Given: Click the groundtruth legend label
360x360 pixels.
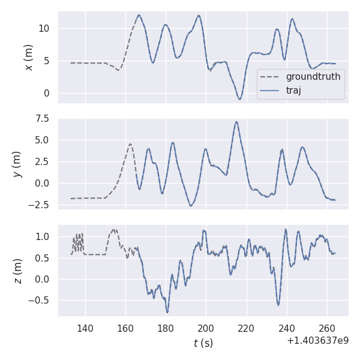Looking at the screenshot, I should (313, 77).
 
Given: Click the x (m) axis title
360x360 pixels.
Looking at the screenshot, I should (28, 57).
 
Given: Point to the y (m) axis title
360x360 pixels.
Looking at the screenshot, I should (17, 163).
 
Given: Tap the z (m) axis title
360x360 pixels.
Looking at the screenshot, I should (17, 271).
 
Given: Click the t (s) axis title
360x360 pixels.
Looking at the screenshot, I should (203, 343).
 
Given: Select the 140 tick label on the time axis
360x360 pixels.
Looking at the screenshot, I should (85, 329).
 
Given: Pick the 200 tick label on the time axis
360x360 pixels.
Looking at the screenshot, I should (206, 329).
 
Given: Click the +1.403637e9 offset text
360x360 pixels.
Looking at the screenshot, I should (317, 341).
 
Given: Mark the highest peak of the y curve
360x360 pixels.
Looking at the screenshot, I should (236, 122).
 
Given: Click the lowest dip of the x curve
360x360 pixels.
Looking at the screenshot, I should (239, 99).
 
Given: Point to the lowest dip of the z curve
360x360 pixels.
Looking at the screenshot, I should (167, 313).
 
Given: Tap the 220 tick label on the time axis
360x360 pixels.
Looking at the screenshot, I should (246, 329).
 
